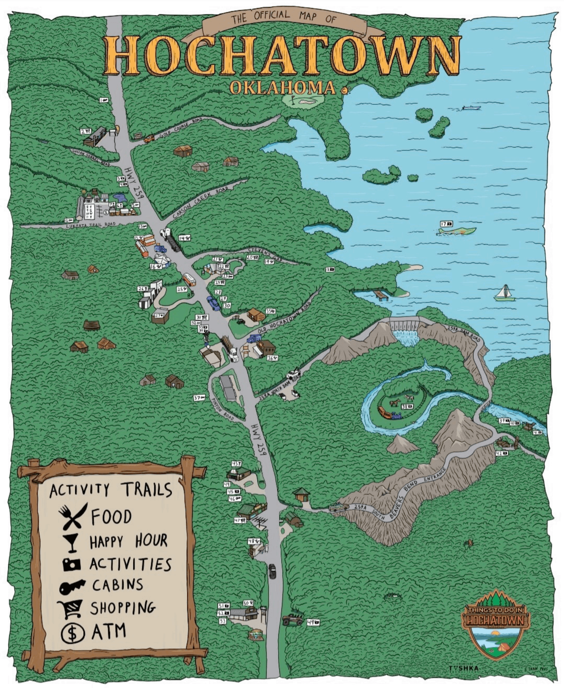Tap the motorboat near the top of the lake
[x=471, y=107]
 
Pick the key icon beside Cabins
[x=71, y=587]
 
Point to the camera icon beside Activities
[x=71, y=564]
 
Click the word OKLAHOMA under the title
[x=282, y=88]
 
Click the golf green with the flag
[x=303, y=100]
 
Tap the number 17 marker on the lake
[x=446, y=224]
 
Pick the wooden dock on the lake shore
[x=381, y=295]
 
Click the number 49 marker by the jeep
[x=313, y=622]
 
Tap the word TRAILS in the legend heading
[x=146, y=490]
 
